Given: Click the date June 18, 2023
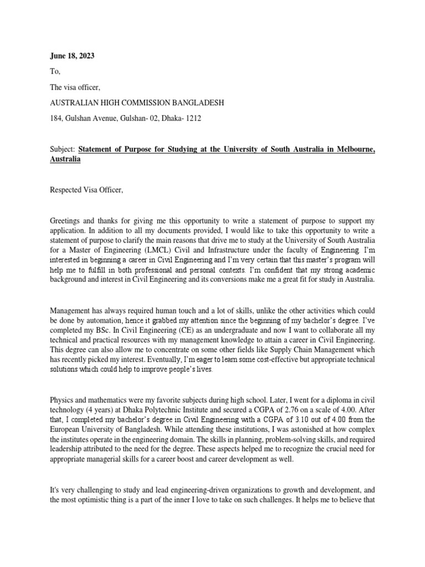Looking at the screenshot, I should point(72,56).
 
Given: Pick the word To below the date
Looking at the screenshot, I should point(54,71).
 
